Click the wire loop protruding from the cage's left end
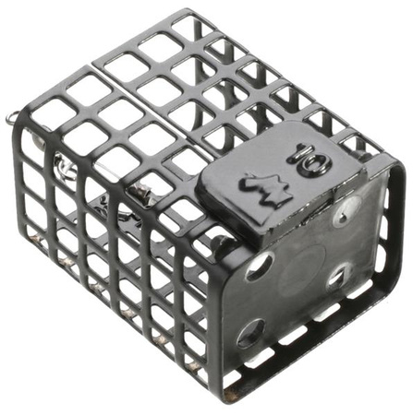click(12, 118)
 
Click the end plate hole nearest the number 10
click(348, 210)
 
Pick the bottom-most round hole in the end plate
click(251, 335)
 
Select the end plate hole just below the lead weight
click(260, 267)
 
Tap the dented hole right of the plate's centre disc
click(339, 275)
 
